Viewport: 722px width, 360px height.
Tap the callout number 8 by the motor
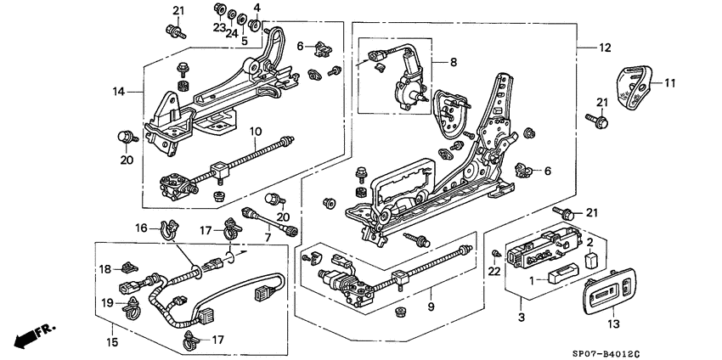click(453, 62)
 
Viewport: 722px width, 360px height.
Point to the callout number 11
click(669, 83)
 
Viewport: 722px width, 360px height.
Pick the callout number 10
click(256, 131)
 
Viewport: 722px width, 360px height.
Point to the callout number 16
click(142, 228)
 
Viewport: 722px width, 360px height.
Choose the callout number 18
click(104, 269)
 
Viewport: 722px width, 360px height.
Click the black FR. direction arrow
click(30, 333)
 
